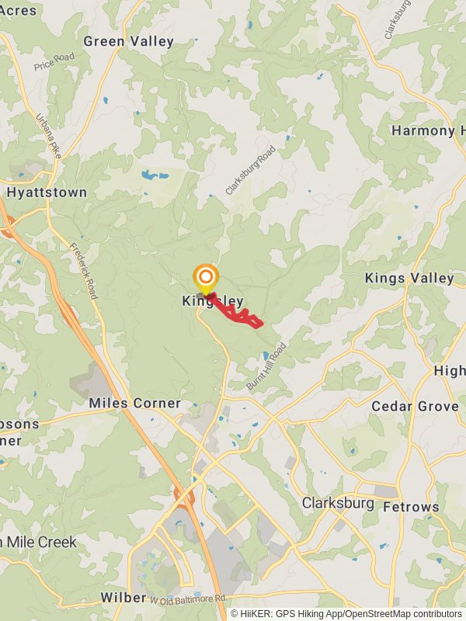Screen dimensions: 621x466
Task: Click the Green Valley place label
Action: tap(128, 41)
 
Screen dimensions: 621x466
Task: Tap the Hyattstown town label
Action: tap(47, 192)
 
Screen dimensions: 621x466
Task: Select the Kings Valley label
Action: tap(409, 278)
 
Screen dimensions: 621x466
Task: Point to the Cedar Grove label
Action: tap(415, 406)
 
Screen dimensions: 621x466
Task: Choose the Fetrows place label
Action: tap(411, 507)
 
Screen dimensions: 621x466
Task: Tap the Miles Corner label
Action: tap(134, 403)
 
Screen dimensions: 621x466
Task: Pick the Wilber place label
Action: tap(123, 597)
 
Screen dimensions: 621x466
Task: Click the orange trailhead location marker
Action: tap(206, 278)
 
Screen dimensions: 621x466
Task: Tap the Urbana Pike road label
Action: tap(49, 137)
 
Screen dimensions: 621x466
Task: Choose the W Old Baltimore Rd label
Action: tap(188, 599)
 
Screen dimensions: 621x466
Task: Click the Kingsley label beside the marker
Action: tap(213, 301)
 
